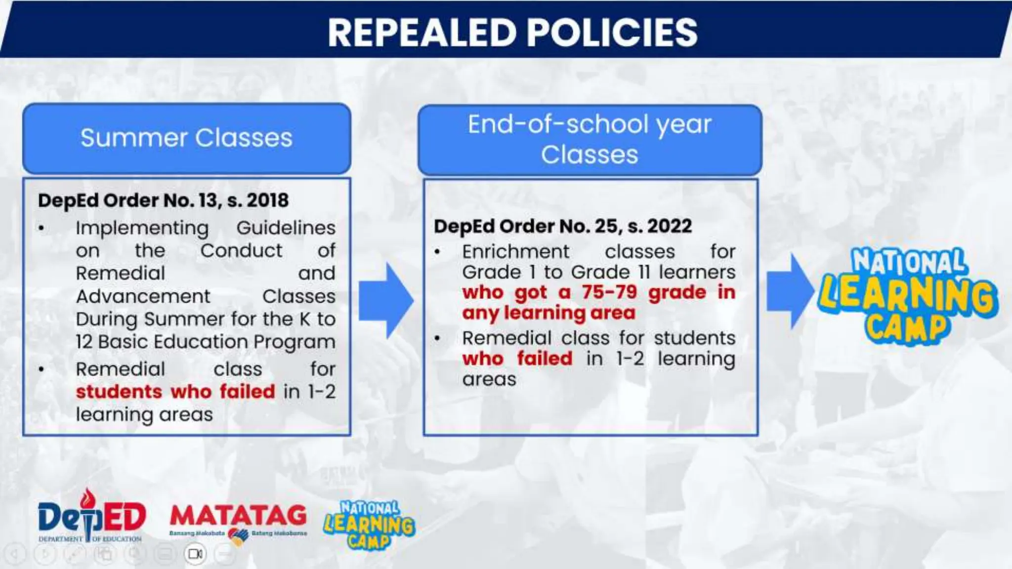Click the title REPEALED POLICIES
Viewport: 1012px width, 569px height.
point(512,33)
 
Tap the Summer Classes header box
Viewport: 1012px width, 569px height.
point(186,138)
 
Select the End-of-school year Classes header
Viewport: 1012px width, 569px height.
point(590,139)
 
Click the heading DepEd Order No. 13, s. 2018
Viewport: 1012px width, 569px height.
point(163,201)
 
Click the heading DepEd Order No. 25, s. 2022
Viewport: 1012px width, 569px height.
point(563,226)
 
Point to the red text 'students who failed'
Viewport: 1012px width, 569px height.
point(175,392)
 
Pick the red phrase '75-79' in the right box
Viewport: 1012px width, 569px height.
point(609,292)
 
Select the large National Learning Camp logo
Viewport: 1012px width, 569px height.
point(907,295)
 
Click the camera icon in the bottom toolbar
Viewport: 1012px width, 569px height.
point(195,554)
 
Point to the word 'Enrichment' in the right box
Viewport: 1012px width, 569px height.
point(515,252)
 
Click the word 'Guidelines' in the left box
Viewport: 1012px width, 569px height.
point(286,228)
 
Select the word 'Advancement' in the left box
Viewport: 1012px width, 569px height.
point(143,296)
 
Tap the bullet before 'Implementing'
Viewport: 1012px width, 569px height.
point(42,228)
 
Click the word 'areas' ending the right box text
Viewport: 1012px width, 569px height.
point(489,379)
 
